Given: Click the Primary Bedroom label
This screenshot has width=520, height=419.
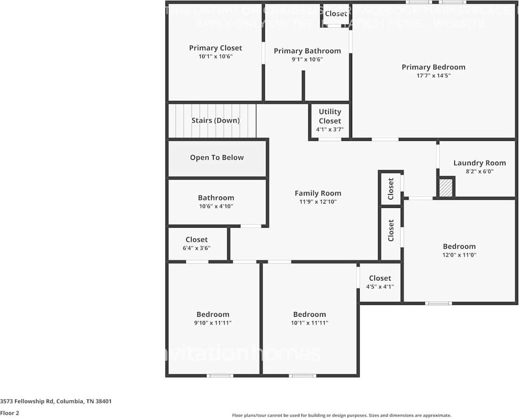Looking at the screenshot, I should pyautogui.click(x=433, y=67).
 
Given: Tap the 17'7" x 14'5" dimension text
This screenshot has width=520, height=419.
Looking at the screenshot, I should pyautogui.click(x=433, y=75).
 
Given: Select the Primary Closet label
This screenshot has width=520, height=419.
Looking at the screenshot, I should pyautogui.click(x=215, y=48).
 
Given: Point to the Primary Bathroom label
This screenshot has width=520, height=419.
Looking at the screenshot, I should pyautogui.click(x=307, y=51).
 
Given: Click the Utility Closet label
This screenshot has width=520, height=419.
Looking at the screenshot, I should pyautogui.click(x=330, y=116).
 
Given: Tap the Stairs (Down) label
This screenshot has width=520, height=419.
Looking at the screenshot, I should pyautogui.click(x=215, y=120).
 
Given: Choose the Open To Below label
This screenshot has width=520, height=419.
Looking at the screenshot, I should pyautogui.click(x=217, y=157).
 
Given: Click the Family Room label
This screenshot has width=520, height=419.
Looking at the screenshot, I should pyautogui.click(x=318, y=193).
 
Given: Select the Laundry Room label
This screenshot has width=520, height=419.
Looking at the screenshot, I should pyautogui.click(x=479, y=163).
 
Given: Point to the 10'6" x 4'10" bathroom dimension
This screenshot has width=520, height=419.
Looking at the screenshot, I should pyautogui.click(x=216, y=206).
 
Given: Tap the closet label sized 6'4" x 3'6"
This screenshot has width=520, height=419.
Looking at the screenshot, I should pyautogui.click(x=197, y=240).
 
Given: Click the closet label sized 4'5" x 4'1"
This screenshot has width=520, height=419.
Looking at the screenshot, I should pyautogui.click(x=380, y=278).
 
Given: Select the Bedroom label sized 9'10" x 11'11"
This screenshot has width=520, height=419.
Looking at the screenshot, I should pyautogui.click(x=213, y=314).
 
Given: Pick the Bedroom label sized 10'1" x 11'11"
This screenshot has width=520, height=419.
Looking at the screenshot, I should pyautogui.click(x=309, y=314).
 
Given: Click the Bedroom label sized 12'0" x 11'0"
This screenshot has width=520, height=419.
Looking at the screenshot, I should pyautogui.click(x=459, y=246).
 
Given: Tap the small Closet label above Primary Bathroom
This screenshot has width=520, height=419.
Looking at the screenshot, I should pyautogui.click(x=336, y=14).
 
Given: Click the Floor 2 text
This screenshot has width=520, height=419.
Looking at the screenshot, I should pyautogui.click(x=10, y=413).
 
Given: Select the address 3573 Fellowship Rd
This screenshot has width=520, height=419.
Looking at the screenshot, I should pyautogui.click(x=56, y=402).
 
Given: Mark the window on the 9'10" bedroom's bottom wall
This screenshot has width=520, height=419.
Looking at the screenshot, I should pyautogui.click(x=220, y=376).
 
